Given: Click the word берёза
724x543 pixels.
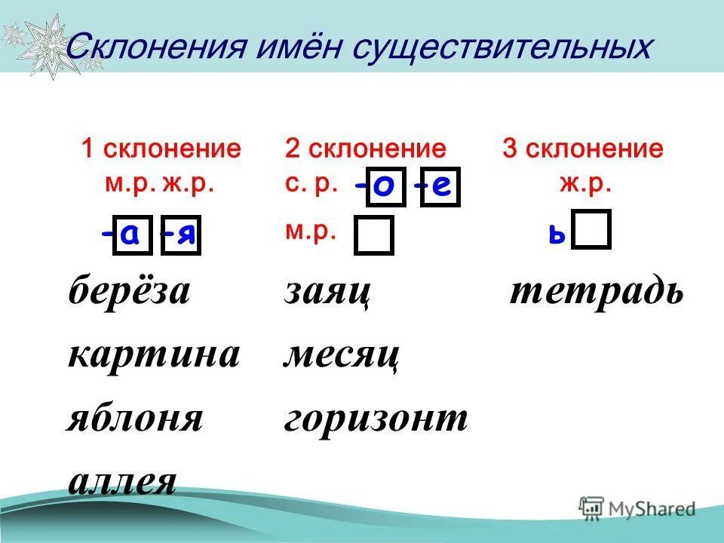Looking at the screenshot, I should (130, 291).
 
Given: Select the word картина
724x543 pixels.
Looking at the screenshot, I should (154, 354).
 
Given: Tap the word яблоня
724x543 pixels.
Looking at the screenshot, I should (136, 419).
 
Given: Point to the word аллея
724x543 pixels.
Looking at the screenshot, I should (122, 481).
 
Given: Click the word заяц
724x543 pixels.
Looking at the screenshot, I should (327, 293).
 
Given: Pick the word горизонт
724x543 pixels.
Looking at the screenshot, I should (376, 419).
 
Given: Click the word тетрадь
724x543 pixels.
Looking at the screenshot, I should (597, 292).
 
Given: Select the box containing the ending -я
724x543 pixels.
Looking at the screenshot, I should (181, 236).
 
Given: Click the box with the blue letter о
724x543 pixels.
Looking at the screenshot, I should (385, 186).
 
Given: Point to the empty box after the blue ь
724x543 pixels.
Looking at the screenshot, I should (591, 230).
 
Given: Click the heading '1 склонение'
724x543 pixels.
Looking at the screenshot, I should (161, 149).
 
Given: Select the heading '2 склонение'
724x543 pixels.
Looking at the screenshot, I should (365, 149).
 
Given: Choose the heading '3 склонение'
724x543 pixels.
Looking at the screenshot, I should (583, 149).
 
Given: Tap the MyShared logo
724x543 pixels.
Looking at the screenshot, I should (638, 508).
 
